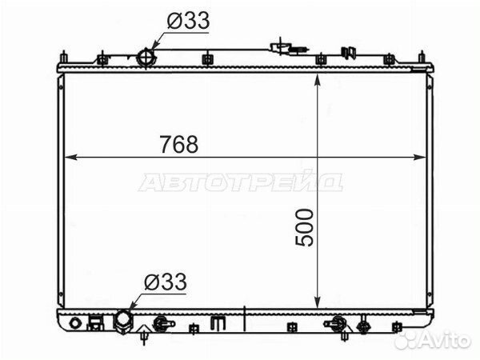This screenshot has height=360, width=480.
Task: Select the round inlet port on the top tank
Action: pos(146,58)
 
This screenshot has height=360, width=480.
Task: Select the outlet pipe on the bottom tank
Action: pos(124,321)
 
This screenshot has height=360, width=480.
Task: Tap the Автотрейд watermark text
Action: pos(240,182)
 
